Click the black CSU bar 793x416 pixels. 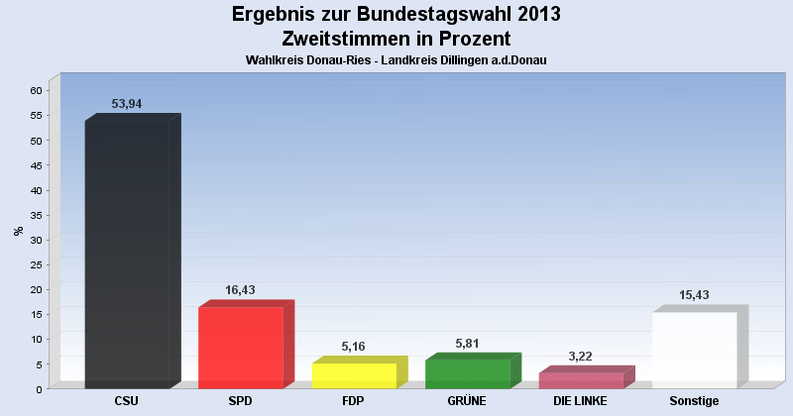pyautogui.click(x=127, y=253)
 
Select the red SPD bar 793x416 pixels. pyautogui.click(x=241, y=347)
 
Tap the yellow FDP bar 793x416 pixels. pyautogui.click(x=354, y=374)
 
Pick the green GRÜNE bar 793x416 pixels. pyautogui.click(x=468, y=372)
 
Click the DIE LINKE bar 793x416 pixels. pyautogui.click(x=581, y=379)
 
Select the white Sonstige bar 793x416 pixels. pyautogui.click(x=694, y=349)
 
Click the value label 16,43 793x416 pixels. pyautogui.click(x=242, y=290)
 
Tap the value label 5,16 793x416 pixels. pyautogui.click(x=353, y=347)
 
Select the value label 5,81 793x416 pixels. pyautogui.click(x=468, y=343)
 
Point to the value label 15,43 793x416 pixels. pyautogui.click(x=694, y=295)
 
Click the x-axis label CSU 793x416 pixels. pyautogui.click(x=127, y=401)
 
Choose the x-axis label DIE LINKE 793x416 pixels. pyautogui.click(x=581, y=401)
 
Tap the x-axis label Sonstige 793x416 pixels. pyautogui.click(x=694, y=401)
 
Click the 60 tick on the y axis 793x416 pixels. pyautogui.click(x=36, y=90)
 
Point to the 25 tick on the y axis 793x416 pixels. pyautogui.click(x=36, y=264)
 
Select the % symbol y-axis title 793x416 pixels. pyautogui.click(x=18, y=231)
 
